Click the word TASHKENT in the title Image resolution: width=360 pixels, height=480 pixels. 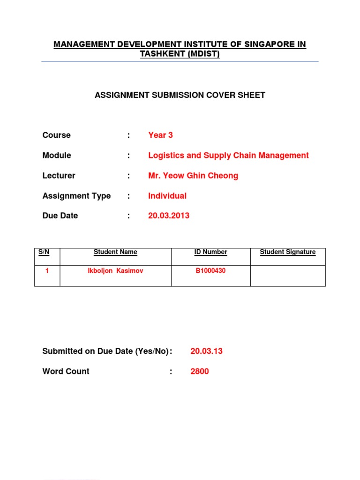point(160,54)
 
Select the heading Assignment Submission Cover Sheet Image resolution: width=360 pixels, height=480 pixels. point(180,95)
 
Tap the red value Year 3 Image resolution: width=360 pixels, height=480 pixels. point(160,135)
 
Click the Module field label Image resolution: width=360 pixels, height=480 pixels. point(57,155)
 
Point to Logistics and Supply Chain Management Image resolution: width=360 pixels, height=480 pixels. point(228,155)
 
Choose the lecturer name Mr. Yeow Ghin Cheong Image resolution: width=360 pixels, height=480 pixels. point(193,176)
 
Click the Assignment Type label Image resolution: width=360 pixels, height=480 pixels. point(76,196)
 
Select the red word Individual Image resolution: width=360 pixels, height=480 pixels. point(167,196)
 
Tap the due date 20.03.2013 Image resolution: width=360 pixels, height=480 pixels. point(169,216)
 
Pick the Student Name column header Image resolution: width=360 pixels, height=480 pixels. point(115,252)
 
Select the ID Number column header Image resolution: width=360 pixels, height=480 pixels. point(210,252)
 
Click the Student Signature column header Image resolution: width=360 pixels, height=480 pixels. point(288,252)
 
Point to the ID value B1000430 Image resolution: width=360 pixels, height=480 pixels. point(210,271)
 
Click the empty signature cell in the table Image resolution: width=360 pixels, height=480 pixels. point(288,276)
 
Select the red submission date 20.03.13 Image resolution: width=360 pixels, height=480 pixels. point(206,351)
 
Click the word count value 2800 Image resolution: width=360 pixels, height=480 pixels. point(200,371)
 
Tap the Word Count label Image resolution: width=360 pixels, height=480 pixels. point(66,371)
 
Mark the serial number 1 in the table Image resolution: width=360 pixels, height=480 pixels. point(47,271)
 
